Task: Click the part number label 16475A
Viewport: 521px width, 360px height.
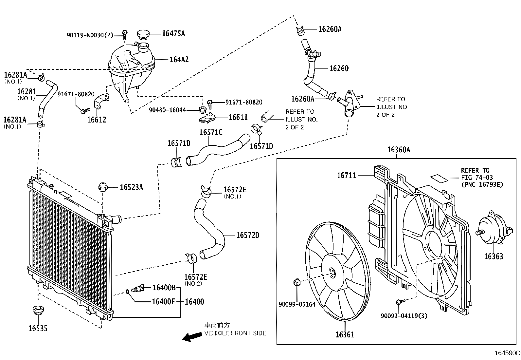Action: (x=173, y=33)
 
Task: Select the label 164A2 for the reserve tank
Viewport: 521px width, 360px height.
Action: (x=179, y=60)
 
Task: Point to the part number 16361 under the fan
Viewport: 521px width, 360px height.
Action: (x=344, y=335)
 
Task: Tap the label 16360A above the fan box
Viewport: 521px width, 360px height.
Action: (x=398, y=150)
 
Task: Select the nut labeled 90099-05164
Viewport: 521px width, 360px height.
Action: (x=297, y=282)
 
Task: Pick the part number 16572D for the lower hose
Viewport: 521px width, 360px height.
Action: (x=248, y=235)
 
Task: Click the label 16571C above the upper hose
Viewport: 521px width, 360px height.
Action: (x=211, y=132)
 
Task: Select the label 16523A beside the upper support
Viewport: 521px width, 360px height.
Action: (x=131, y=187)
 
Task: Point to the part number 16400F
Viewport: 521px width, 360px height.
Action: (x=164, y=301)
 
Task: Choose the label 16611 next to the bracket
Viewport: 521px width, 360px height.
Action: (x=238, y=117)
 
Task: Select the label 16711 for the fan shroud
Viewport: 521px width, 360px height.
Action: (x=347, y=176)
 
